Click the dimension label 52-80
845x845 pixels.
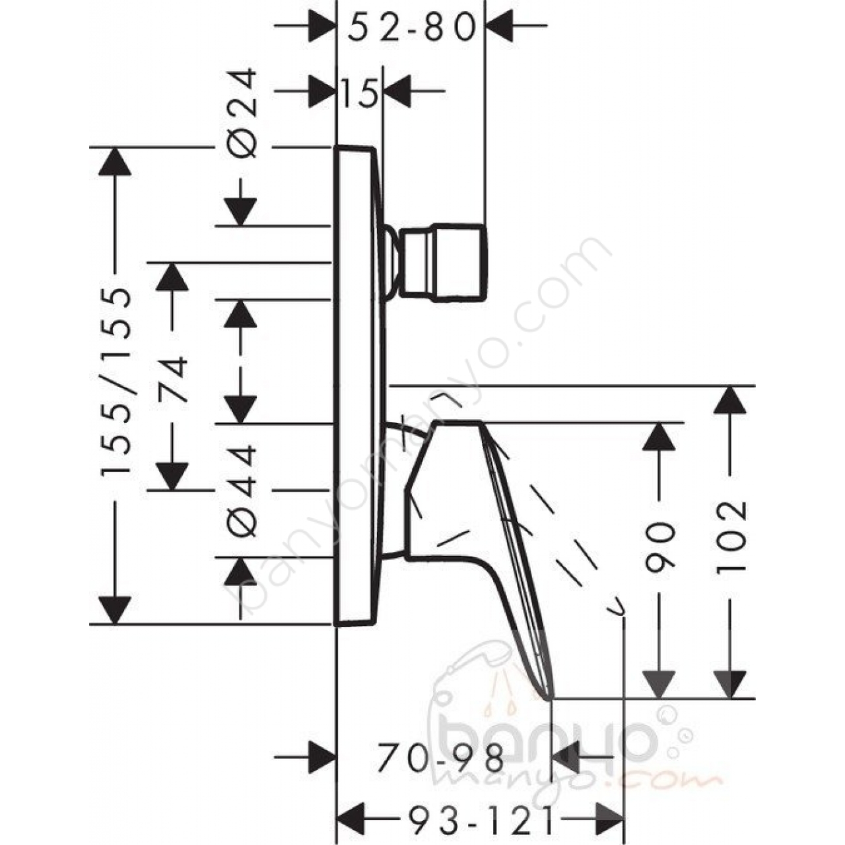[411, 26]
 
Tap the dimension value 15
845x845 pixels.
[358, 92]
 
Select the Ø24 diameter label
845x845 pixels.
[241, 113]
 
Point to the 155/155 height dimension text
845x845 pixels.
[116, 382]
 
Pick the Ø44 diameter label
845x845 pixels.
[241, 490]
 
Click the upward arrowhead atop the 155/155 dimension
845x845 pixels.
[115, 161]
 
